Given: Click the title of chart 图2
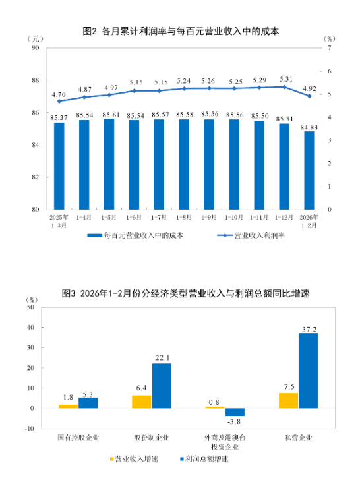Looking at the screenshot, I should (x=180, y=31).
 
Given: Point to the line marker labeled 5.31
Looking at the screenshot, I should (x=284, y=87).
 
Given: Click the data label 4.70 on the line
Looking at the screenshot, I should (x=59, y=94).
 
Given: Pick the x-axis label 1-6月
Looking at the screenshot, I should (x=134, y=217).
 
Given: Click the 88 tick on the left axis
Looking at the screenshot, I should (x=36, y=81).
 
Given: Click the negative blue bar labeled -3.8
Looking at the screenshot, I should (x=234, y=411).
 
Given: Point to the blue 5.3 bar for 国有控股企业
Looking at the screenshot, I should (x=88, y=402).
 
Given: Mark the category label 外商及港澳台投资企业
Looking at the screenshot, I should (x=224, y=441).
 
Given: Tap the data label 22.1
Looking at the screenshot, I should (x=162, y=357).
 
